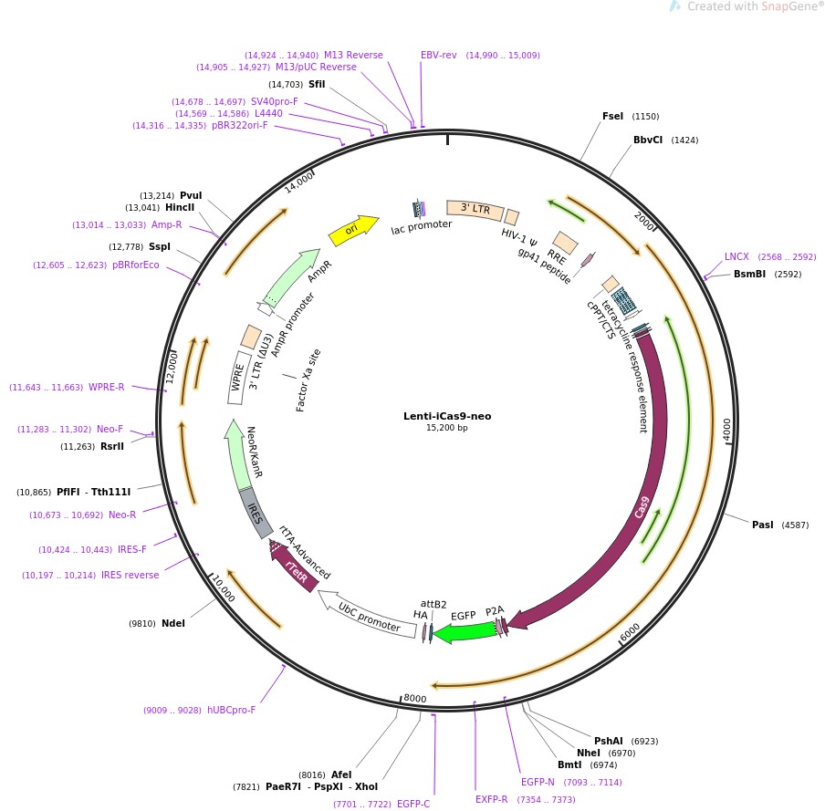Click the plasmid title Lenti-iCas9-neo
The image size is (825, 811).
447,416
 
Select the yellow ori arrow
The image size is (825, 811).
353,231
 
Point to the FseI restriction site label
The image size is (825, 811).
612,116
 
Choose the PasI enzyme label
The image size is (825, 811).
762,525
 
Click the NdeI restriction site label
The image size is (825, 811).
173,624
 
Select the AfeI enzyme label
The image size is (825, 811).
341,775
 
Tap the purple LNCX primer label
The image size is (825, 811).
736,256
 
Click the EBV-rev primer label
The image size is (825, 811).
438,55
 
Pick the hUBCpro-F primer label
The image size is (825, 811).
231,710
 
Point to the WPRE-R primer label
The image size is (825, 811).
106,387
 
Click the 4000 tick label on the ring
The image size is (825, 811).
726,429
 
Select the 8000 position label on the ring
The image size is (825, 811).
414,699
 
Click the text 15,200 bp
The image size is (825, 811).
446,428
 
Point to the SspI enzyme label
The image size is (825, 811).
159,247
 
